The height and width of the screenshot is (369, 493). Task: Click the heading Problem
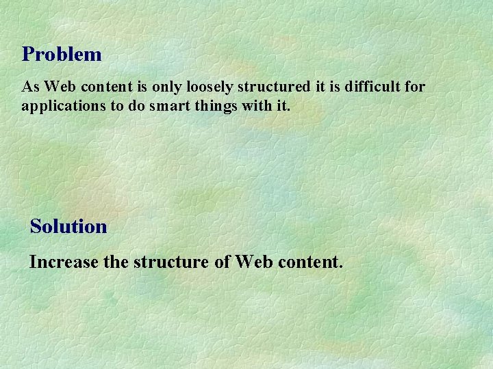tap(62, 55)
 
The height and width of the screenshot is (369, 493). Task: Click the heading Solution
tap(68, 227)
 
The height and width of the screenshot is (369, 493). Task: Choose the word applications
tap(60, 107)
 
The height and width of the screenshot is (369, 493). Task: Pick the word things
tap(206, 107)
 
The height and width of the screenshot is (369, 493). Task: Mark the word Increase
tap(60, 262)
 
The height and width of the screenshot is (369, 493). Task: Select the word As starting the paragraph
tap(29, 87)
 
